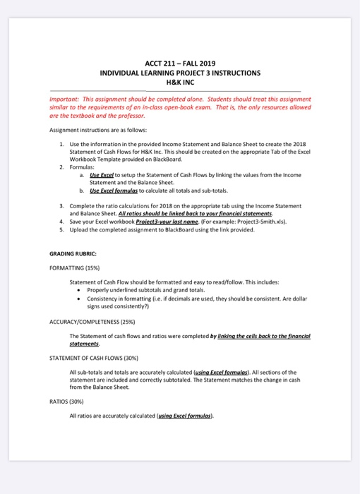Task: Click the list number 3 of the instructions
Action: click(62, 205)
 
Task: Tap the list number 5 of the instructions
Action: click(62, 229)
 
